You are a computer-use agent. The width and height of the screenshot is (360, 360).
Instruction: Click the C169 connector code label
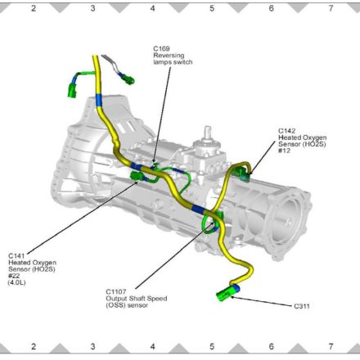pos(161,49)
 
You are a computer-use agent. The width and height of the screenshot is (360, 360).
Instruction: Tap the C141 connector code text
pos(16,256)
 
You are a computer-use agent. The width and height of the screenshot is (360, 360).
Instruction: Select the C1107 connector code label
pos(116,291)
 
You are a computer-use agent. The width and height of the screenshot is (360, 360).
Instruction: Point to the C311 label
pos(302,306)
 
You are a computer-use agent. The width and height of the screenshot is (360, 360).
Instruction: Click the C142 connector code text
pos(286,131)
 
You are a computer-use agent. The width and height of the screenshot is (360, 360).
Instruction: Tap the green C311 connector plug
pos(227,293)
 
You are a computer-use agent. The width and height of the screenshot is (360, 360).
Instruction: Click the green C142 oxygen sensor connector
pos(241,173)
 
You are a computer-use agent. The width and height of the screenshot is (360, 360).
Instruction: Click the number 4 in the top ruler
pos(152,8)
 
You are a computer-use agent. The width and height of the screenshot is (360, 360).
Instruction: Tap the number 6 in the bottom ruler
pos(271,346)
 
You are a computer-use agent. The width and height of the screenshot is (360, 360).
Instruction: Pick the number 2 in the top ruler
pos(34,8)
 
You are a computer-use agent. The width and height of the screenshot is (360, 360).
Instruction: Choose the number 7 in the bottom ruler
pos(331,346)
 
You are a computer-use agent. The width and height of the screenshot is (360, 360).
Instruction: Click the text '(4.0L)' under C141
pos(16,282)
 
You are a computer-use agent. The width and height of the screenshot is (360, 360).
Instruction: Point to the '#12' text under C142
pos(284,151)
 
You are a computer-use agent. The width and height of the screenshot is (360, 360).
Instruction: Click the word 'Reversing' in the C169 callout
pos(169,56)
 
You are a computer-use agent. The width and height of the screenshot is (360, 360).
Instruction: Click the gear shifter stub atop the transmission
pos(208,133)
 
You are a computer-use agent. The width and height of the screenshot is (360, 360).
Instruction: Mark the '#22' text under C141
pos(14,276)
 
